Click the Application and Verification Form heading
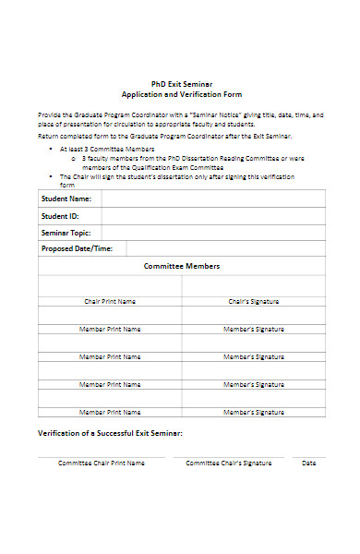click(x=181, y=94)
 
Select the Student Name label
click(x=66, y=199)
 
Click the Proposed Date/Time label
click(x=78, y=248)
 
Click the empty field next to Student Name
click(x=212, y=199)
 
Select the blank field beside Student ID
click(x=212, y=215)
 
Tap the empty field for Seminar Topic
click(x=212, y=232)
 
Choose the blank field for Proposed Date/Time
click(x=222, y=248)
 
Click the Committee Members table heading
click(x=181, y=266)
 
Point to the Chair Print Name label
click(x=110, y=301)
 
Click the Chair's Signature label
click(x=254, y=301)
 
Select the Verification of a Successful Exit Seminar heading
click(x=110, y=433)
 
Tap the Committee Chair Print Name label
click(x=102, y=463)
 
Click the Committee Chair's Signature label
click(x=229, y=463)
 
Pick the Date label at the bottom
click(x=309, y=463)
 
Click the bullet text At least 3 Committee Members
click(x=107, y=149)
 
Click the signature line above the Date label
click(x=309, y=456)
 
